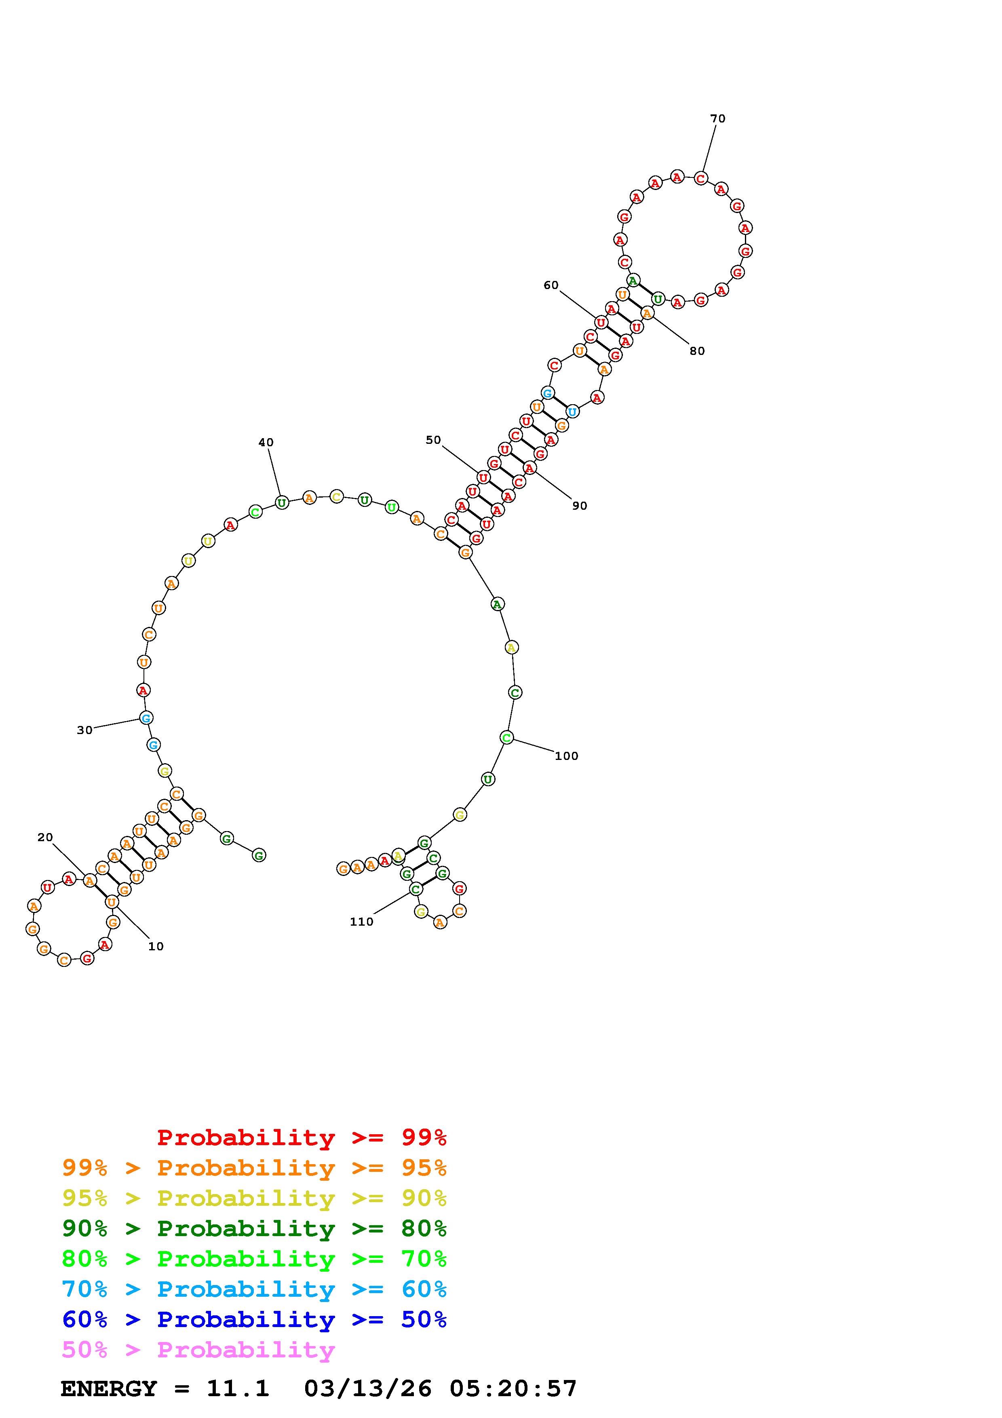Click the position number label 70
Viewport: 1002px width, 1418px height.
(717, 118)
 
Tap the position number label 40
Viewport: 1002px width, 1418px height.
(266, 442)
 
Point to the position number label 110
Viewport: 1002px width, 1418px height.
(361, 922)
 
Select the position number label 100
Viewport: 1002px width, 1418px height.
(566, 756)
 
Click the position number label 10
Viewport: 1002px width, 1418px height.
(156, 946)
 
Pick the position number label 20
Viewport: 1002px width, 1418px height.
(45, 838)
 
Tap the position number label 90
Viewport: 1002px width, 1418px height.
(579, 506)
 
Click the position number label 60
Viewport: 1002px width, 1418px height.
(551, 285)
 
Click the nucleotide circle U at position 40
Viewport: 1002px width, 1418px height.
(282, 503)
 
